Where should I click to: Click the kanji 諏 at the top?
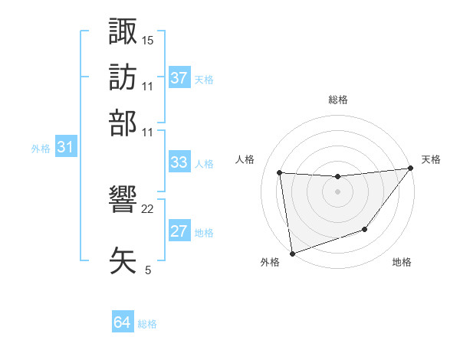(123, 33)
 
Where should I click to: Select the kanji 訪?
(123, 77)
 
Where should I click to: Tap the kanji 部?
(123, 123)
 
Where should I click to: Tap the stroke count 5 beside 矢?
(148, 270)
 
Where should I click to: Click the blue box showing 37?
(179, 78)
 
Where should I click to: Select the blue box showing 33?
(179, 162)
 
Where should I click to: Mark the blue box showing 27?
(179, 232)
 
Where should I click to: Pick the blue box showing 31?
(64, 148)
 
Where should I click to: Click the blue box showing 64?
(123, 323)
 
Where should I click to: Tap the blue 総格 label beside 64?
(147, 324)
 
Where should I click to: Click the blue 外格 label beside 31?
(41, 149)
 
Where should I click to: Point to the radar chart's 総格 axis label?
(338, 100)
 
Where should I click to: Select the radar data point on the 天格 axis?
(410, 169)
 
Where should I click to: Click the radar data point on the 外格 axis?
(292, 253)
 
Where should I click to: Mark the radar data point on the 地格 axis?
(365, 229)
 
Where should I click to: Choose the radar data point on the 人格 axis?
(280, 172)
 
